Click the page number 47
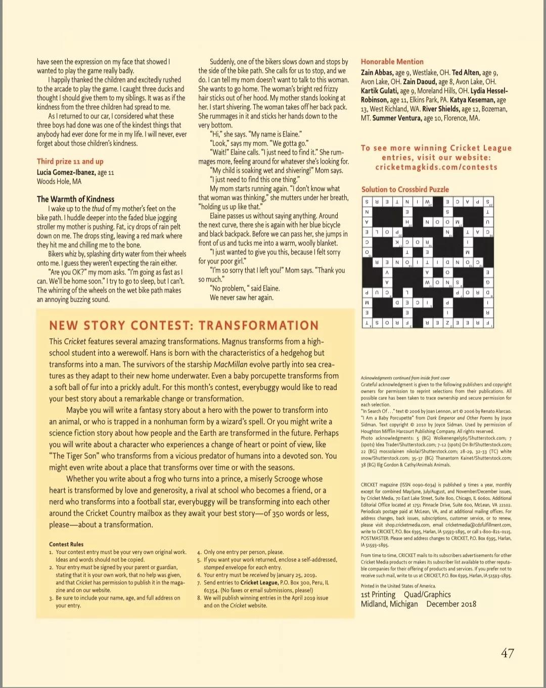(x=507, y=653)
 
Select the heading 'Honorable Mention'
(x=392, y=61)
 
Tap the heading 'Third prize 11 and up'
(x=70, y=161)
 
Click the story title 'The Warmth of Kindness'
(x=75, y=199)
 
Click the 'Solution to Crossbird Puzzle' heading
(x=405, y=189)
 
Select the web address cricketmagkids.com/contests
(x=436, y=167)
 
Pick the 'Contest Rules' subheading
(x=66, y=544)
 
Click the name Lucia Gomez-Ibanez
(x=66, y=172)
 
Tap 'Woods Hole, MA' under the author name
(x=59, y=181)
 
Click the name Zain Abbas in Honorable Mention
(x=377, y=72)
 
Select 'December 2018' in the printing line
(x=451, y=604)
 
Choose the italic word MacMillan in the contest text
(x=231, y=365)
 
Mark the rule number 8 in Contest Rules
(x=199, y=598)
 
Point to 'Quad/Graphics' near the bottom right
(x=427, y=594)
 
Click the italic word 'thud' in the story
(x=98, y=209)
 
